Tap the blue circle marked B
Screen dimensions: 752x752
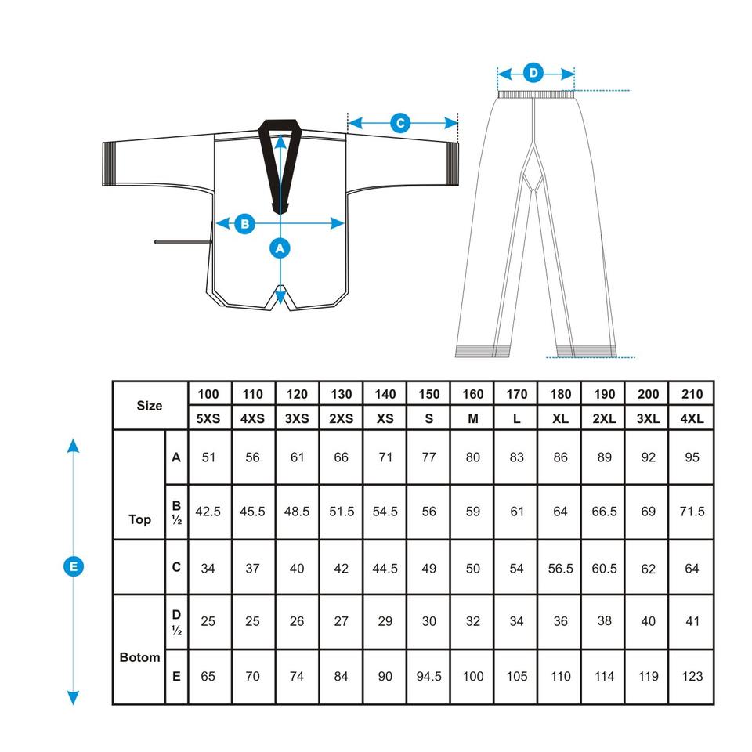245,223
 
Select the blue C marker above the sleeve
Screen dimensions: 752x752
400,123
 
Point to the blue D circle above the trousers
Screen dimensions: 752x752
533,74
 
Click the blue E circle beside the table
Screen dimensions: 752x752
73,566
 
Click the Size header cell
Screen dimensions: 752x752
150,406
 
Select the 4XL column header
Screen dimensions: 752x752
692,418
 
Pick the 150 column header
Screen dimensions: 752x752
428,394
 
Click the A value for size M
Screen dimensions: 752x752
472,457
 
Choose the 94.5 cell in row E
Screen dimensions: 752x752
428,676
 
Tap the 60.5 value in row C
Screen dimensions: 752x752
604,568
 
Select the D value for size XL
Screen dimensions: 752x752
560,621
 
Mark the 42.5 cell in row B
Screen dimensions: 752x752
208,512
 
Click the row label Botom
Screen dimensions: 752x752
139,657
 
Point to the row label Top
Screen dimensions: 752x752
139,519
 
